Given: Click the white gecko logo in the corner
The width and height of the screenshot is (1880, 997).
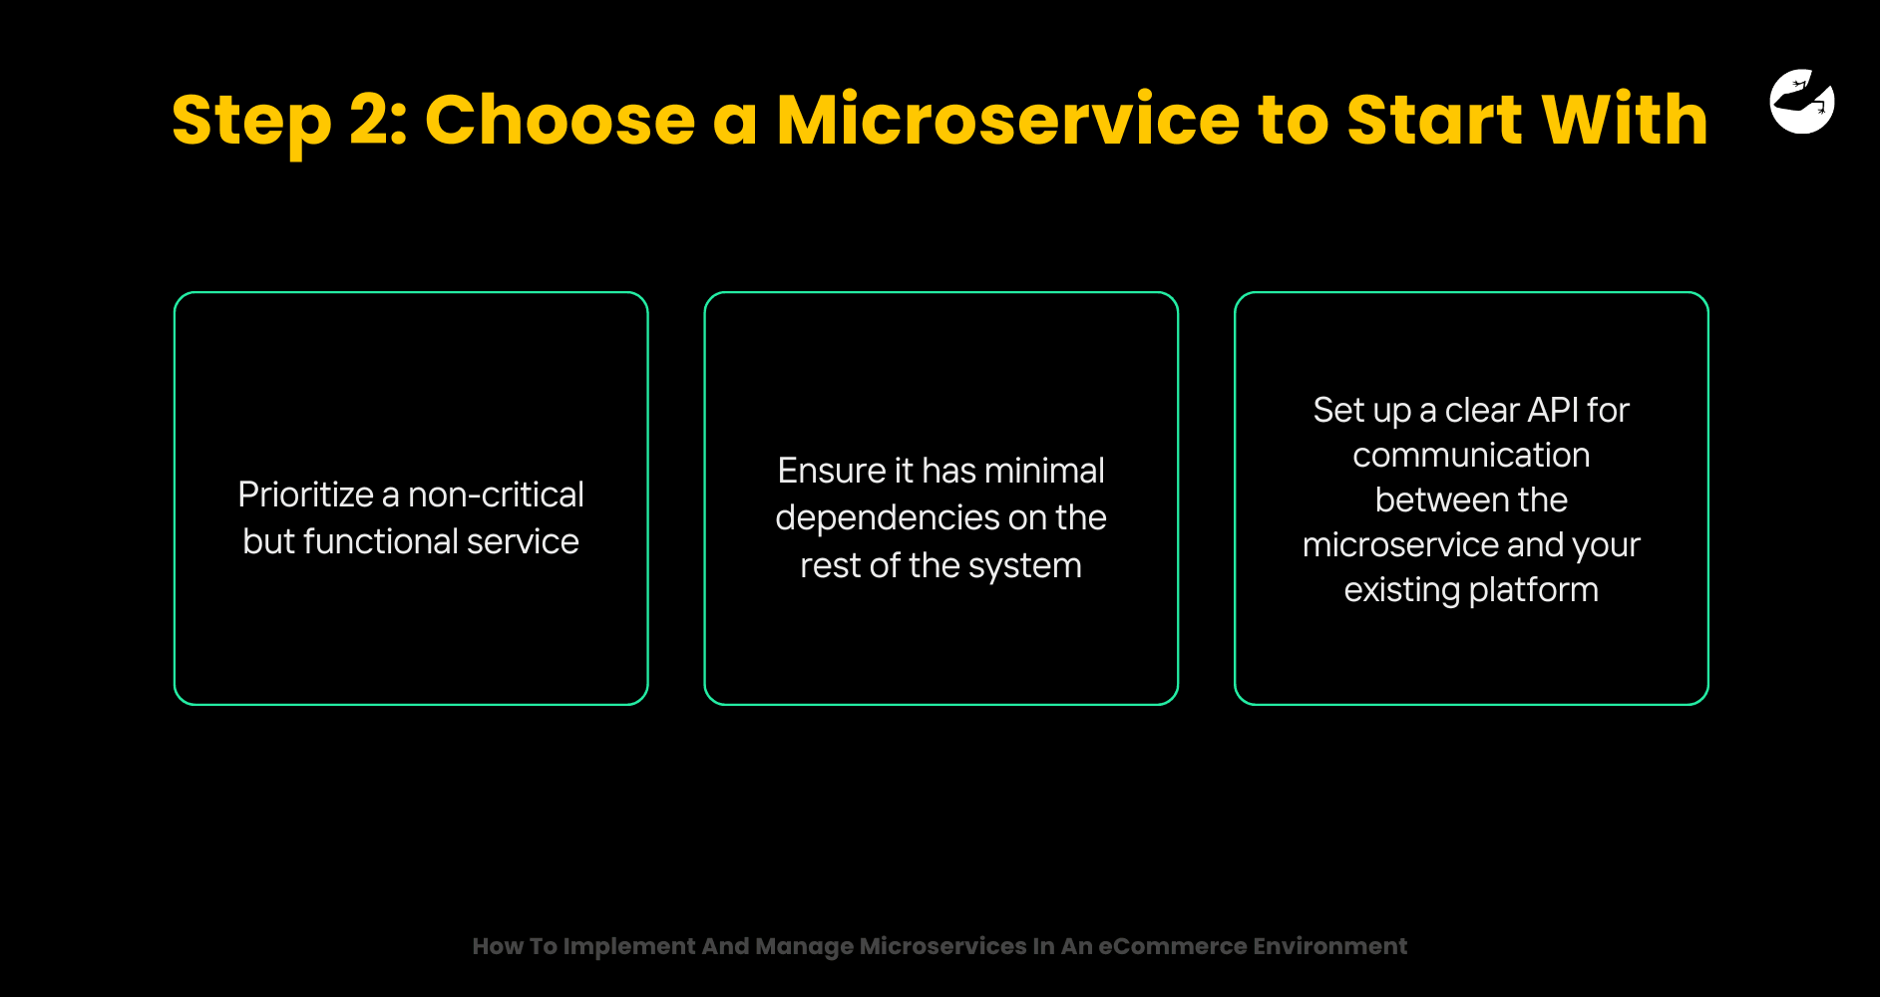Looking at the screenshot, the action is pos(1802,101).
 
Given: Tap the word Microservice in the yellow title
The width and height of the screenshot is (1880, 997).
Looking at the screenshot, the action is pos(1007,120).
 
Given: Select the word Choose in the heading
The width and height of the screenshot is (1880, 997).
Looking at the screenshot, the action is pos(560,120).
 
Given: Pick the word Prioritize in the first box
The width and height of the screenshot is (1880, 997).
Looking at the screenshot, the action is pos(305,495).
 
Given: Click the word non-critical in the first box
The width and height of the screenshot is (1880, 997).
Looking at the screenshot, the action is pos(496,495).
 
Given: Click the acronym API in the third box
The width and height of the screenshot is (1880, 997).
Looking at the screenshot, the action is pos(1553,410).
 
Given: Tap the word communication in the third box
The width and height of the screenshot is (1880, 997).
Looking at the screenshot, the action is pos(1471,456).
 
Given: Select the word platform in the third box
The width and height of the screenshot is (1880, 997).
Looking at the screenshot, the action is pos(1534,590).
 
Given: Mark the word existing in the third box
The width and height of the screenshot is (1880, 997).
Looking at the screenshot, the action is pos(1402,590).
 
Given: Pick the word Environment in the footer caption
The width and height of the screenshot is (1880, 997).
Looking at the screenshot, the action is pos(1329,946).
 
